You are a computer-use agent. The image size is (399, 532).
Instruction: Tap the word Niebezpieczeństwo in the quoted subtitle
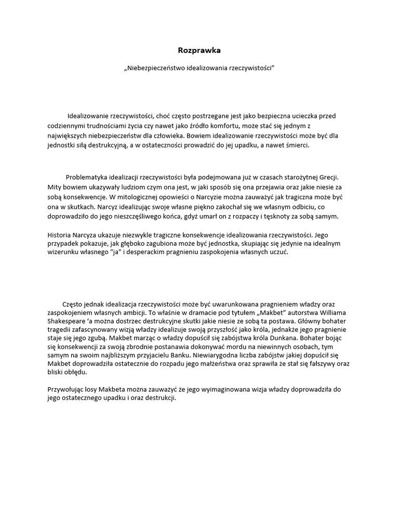point(157,68)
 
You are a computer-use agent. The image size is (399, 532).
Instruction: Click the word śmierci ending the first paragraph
point(296,145)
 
